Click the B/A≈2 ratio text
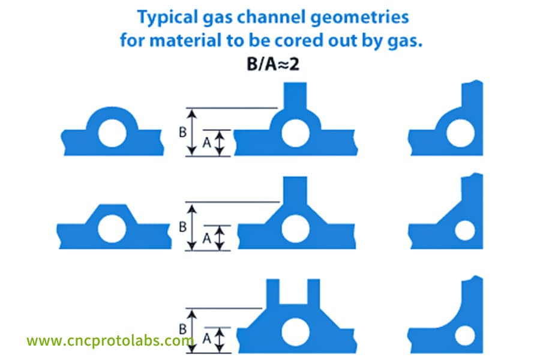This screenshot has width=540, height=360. [273, 64]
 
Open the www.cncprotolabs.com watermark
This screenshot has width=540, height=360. [110, 340]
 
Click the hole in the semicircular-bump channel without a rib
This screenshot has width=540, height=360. [112, 133]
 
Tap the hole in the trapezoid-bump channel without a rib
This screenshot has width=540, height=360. [112, 229]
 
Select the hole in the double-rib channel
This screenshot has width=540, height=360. [295, 332]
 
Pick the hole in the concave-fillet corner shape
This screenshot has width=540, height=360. [465, 336]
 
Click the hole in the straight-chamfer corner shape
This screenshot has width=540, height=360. [465, 230]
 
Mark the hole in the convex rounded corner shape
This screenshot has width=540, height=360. [460, 133]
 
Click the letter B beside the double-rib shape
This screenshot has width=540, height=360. [183, 329]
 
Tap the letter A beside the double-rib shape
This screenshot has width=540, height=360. [206, 339]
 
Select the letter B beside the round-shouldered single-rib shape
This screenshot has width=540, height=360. [183, 132]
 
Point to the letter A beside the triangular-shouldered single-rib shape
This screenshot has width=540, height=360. [206, 238]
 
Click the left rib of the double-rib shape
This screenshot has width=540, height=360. [273, 293]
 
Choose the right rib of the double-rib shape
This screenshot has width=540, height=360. [314, 293]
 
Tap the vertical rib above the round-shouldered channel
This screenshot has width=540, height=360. [295, 97]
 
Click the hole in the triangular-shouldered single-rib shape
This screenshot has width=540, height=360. [295, 229]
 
